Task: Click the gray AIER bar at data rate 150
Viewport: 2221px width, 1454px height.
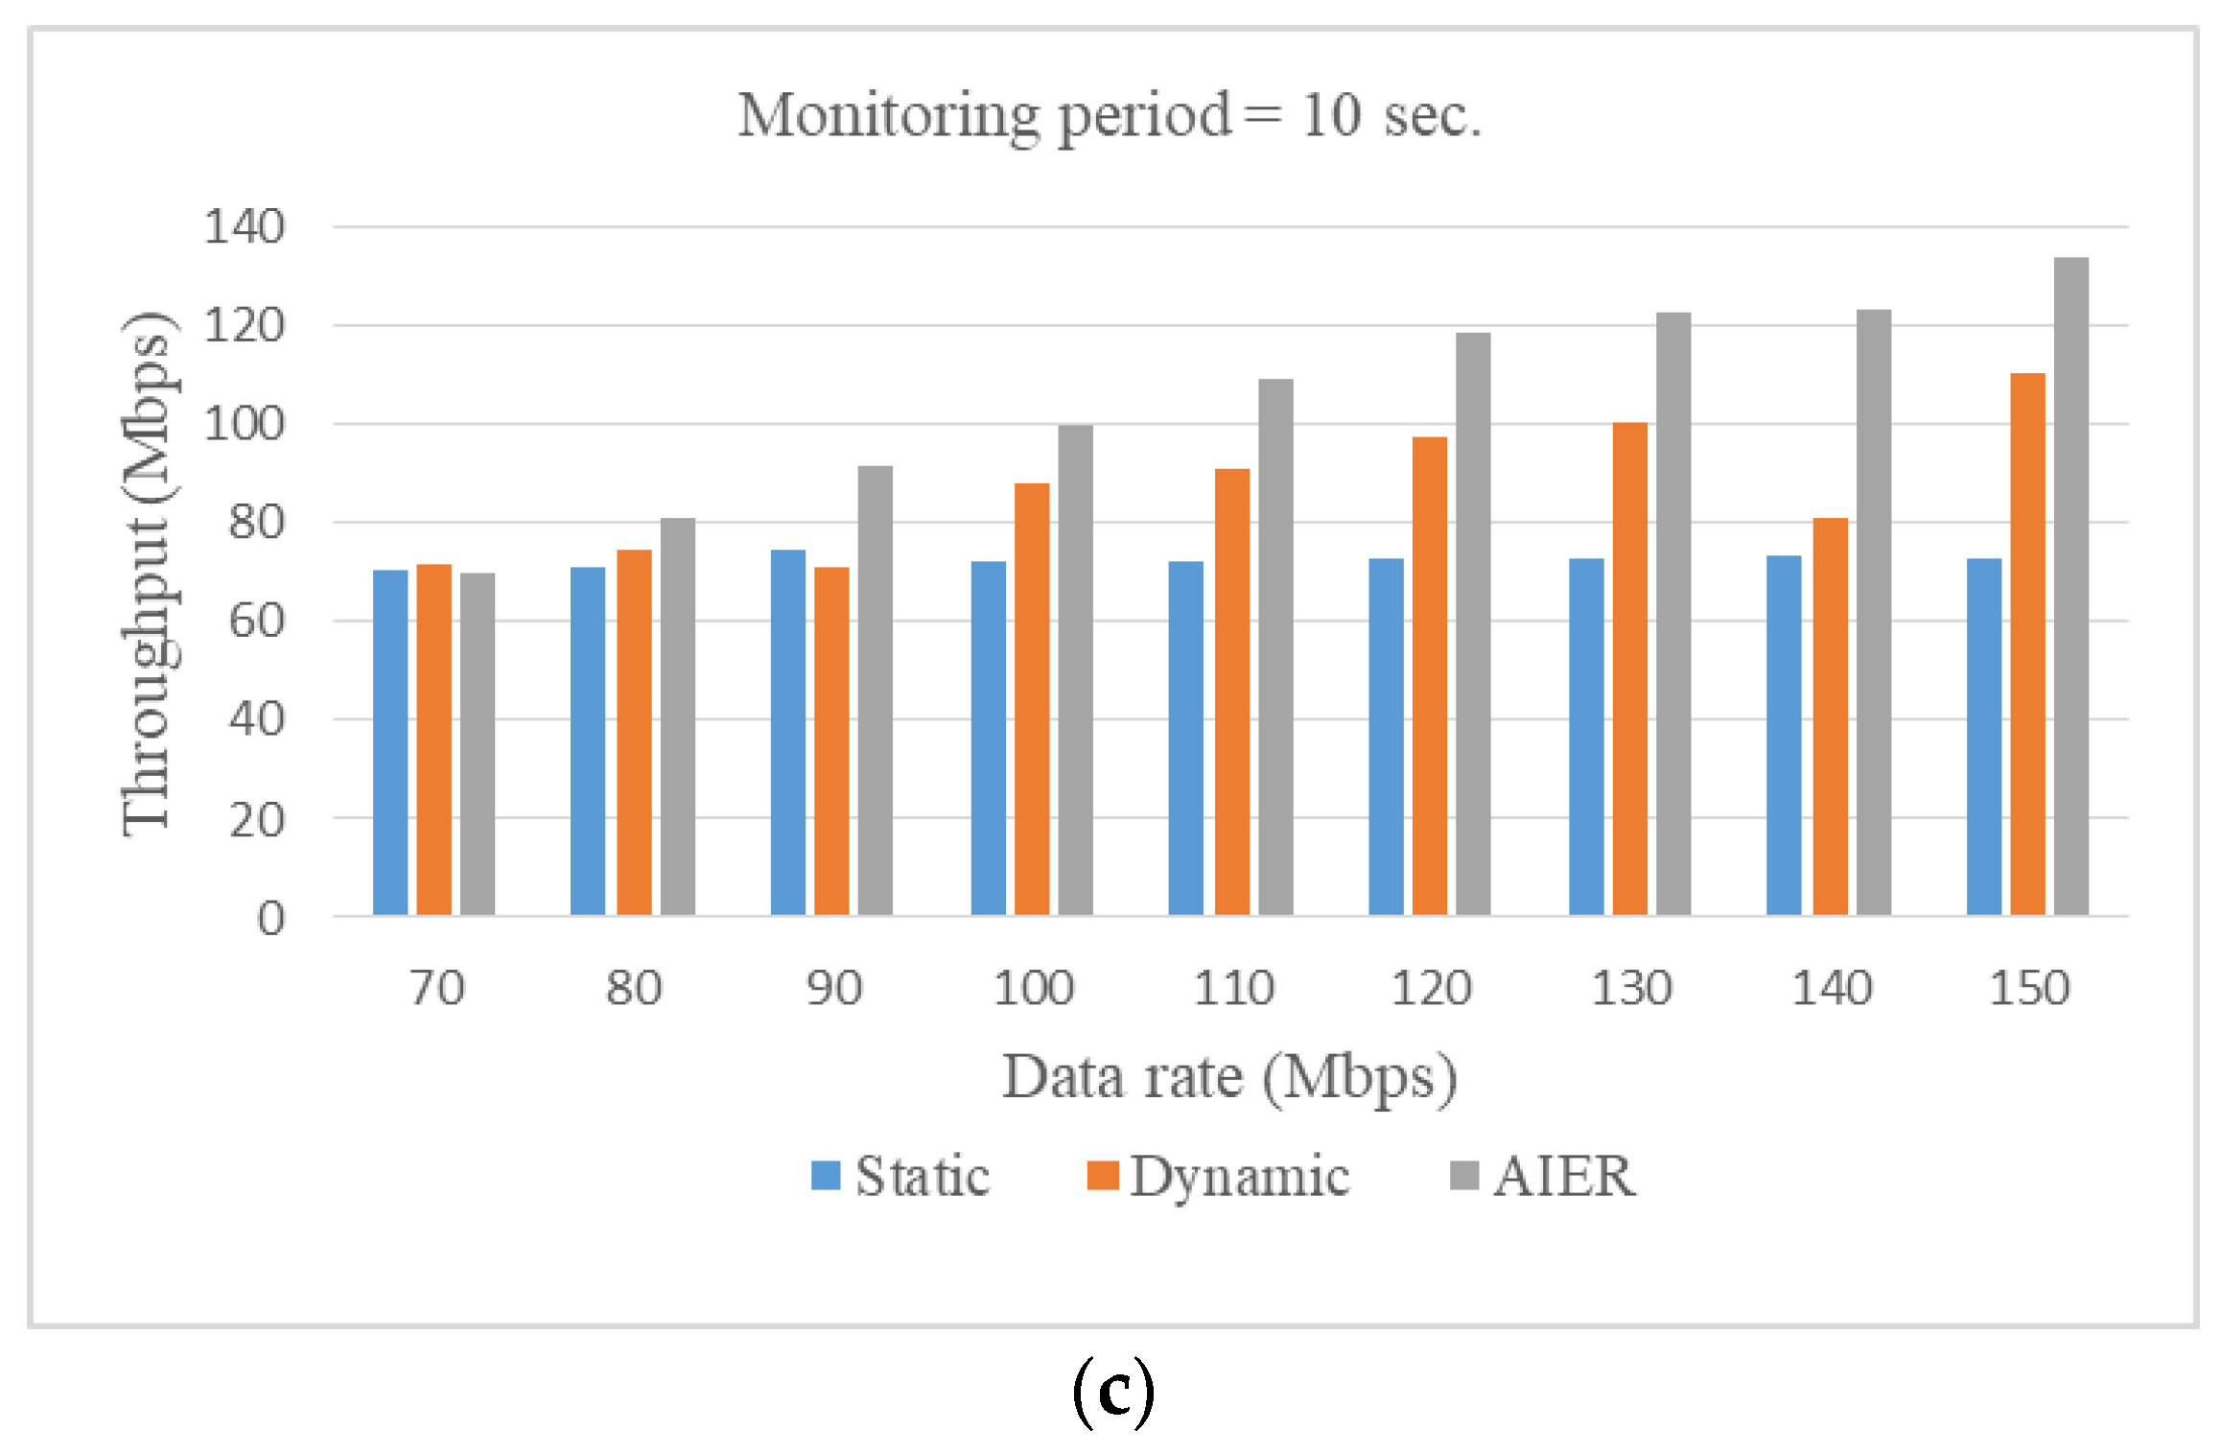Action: tap(2070, 586)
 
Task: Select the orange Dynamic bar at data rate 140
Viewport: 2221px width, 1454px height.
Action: tap(1830, 716)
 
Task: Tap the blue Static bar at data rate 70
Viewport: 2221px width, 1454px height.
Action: tap(390, 742)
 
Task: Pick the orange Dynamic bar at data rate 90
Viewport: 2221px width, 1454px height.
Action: tap(831, 740)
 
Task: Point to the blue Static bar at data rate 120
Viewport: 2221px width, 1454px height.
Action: tap(1386, 737)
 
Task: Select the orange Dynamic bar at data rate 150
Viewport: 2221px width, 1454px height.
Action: tap(2027, 644)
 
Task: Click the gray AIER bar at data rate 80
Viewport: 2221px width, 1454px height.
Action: tap(677, 716)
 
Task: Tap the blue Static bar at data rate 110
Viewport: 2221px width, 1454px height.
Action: tap(1185, 738)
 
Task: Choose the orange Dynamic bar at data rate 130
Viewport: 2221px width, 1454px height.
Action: tap(1629, 668)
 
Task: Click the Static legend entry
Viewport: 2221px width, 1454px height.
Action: tap(901, 1176)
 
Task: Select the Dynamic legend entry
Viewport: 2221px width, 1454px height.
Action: tap(1219, 1176)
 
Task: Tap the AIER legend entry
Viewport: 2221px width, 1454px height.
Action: tap(1544, 1176)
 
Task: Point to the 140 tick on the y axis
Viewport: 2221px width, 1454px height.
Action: tap(245, 227)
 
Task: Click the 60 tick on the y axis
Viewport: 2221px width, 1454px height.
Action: tap(256, 621)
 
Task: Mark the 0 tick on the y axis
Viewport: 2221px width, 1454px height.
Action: tap(270, 918)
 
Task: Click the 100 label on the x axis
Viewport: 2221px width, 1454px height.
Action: tap(1033, 988)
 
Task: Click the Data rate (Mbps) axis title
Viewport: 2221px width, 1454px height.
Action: tap(1229, 1077)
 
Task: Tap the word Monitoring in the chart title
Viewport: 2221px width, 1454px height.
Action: tap(887, 115)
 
